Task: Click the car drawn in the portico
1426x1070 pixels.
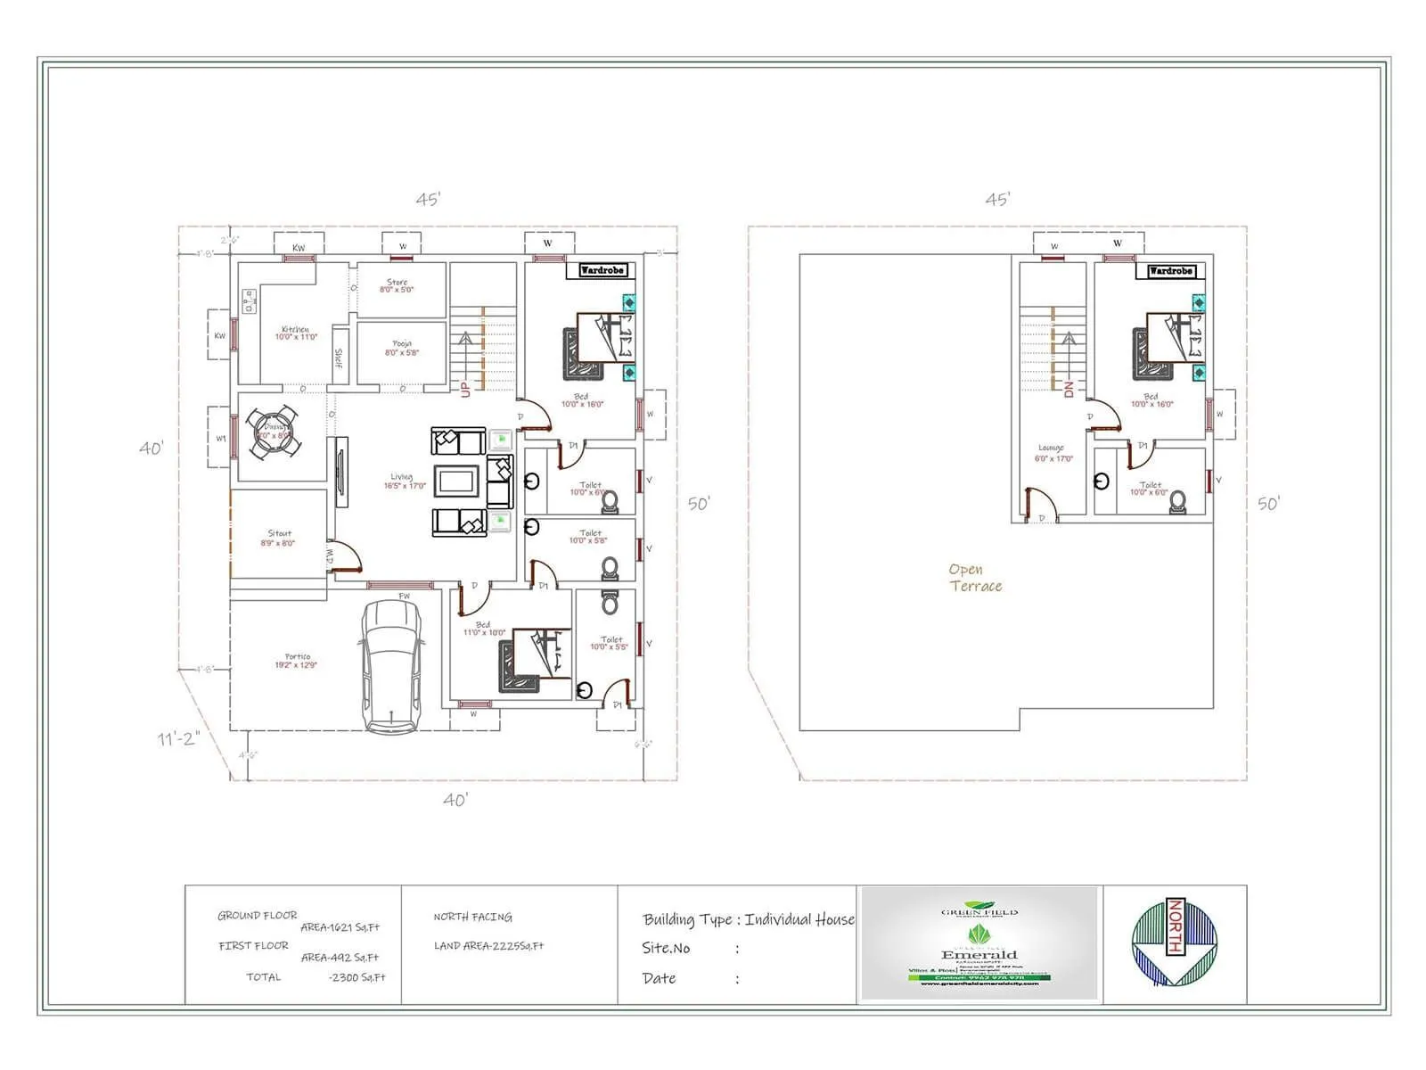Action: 389,663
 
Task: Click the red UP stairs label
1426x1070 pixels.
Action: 465,390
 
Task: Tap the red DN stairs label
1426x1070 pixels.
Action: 1069,389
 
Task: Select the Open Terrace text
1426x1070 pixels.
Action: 975,578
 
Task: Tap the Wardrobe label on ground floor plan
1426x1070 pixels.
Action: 602,270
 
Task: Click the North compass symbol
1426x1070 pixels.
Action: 1174,943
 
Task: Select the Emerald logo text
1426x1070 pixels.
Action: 979,955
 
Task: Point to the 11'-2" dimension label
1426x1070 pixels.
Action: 178,738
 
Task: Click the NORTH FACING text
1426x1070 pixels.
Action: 472,917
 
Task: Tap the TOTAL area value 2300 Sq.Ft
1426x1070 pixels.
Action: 356,977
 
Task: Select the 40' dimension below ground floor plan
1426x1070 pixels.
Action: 455,800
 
